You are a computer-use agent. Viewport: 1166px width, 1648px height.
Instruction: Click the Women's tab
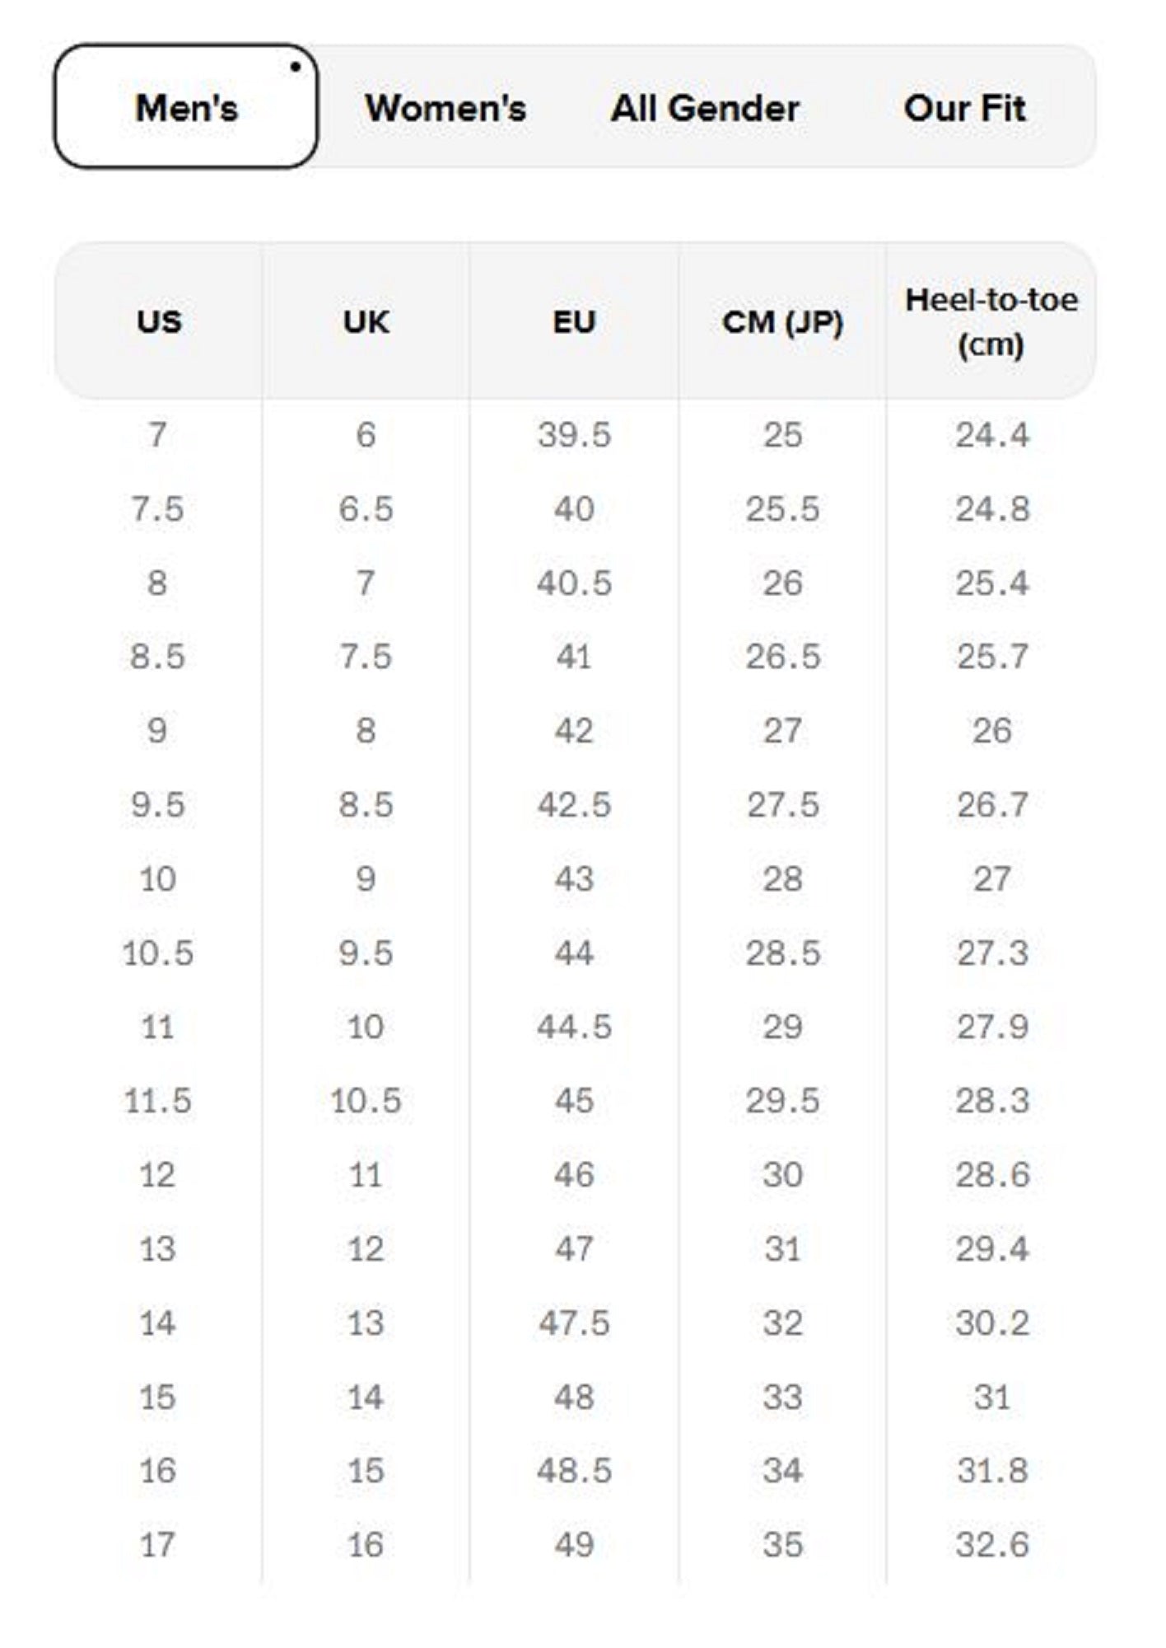click(x=445, y=108)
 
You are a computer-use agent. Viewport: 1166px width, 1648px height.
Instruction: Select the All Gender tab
click(x=705, y=108)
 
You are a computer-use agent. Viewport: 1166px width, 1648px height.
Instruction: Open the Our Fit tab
click(x=964, y=108)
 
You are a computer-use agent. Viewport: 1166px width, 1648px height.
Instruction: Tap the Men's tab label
click(x=187, y=108)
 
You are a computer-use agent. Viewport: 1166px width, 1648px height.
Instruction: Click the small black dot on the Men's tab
click(x=295, y=68)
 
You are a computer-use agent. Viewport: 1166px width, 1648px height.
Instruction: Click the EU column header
click(x=574, y=321)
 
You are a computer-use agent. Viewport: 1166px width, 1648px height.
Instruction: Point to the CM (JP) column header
click(x=782, y=321)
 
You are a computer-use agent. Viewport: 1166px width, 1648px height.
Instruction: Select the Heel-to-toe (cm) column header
click(x=991, y=321)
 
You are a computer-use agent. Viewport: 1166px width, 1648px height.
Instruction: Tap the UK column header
click(x=366, y=321)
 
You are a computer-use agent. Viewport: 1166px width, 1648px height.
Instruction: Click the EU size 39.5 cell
click(x=574, y=435)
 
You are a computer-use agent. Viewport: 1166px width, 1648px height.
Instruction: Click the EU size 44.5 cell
click(x=574, y=1027)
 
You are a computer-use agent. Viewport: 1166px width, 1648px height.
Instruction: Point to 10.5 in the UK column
click(x=366, y=1101)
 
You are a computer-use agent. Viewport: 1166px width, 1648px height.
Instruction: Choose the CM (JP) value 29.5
click(x=782, y=1101)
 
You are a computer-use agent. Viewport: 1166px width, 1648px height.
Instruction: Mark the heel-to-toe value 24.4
click(x=992, y=435)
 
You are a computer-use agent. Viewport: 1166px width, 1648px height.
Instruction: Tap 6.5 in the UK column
click(x=366, y=509)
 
